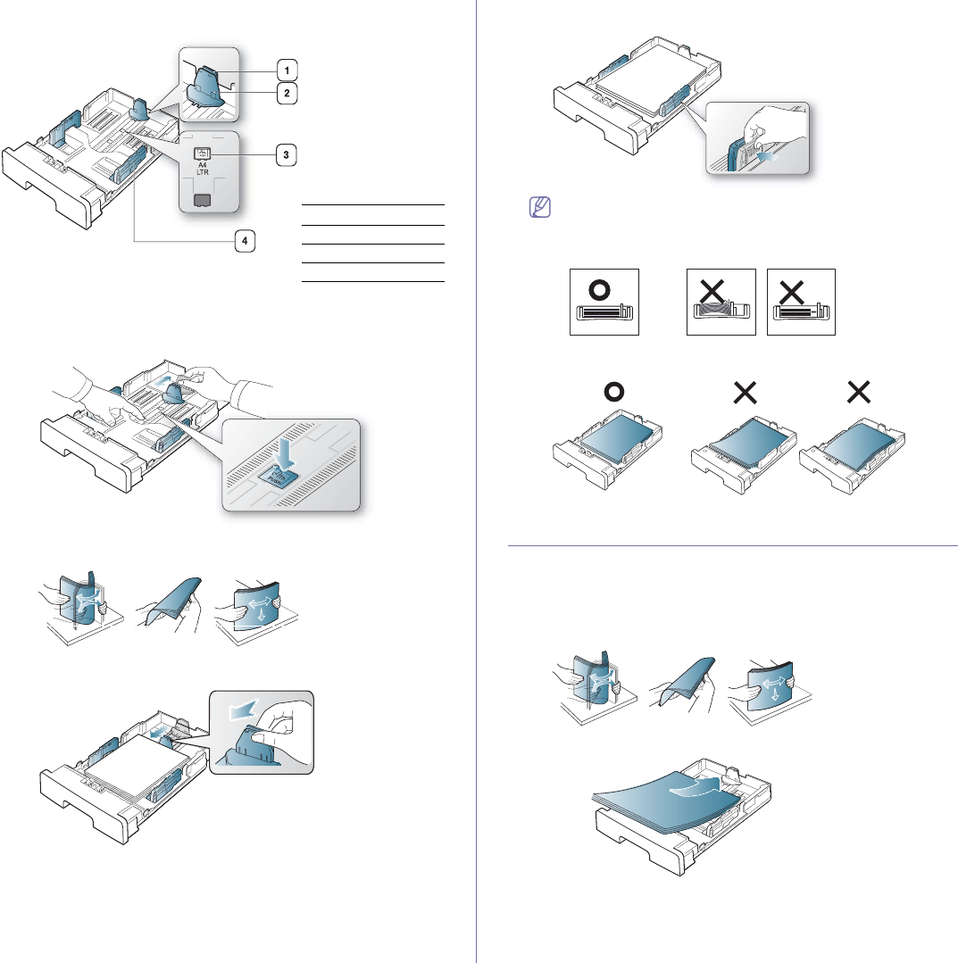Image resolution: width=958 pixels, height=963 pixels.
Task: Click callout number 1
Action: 287,69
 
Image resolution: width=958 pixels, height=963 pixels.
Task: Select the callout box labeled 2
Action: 287,92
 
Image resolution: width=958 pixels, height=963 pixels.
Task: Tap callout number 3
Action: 286,154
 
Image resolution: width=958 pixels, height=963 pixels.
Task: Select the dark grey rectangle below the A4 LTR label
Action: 203,198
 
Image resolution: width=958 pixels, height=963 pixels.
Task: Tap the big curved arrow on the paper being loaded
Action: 695,788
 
